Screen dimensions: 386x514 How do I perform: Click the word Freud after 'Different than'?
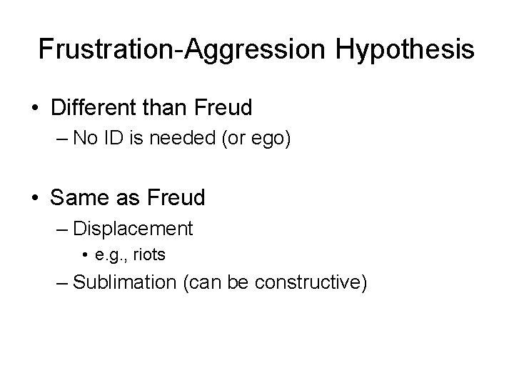(x=221, y=108)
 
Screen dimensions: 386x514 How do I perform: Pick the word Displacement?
(x=133, y=228)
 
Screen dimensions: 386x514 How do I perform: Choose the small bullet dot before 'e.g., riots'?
(x=85, y=254)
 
